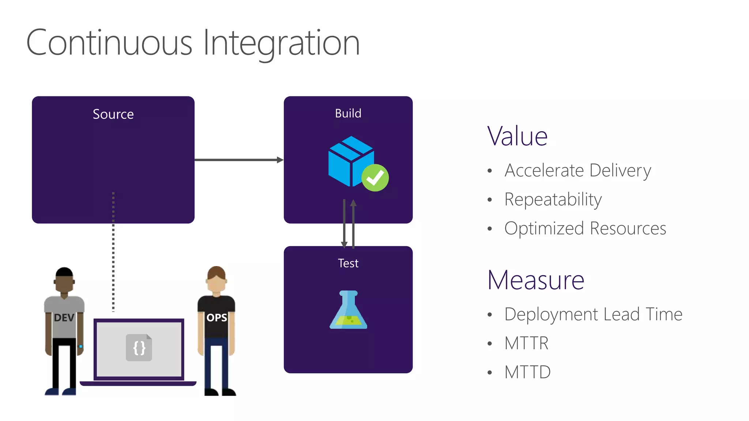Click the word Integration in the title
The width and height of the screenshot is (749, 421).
click(x=281, y=43)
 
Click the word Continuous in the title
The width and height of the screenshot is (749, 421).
click(x=109, y=43)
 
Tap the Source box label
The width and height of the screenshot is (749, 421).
click(x=113, y=114)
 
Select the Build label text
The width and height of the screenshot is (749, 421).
click(x=348, y=114)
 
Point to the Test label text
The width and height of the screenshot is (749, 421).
click(x=348, y=263)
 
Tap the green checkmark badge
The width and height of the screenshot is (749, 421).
click(x=375, y=178)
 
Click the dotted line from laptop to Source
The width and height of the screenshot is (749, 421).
click(x=113, y=252)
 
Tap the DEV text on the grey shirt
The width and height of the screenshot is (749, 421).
click(x=64, y=318)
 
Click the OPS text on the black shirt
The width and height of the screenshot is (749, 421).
click(x=217, y=318)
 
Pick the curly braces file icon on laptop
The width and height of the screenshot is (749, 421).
click(x=139, y=348)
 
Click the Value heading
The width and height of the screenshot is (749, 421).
click(x=517, y=136)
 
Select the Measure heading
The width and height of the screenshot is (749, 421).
click(x=536, y=280)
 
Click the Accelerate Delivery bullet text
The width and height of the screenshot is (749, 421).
click(x=577, y=171)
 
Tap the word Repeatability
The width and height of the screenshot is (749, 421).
click(x=553, y=200)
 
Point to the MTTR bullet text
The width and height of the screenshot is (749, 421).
click(x=526, y=343)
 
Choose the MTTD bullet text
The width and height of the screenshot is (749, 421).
click(x=527, y=372)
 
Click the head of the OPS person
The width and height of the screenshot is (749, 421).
click(x=216, y=280)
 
